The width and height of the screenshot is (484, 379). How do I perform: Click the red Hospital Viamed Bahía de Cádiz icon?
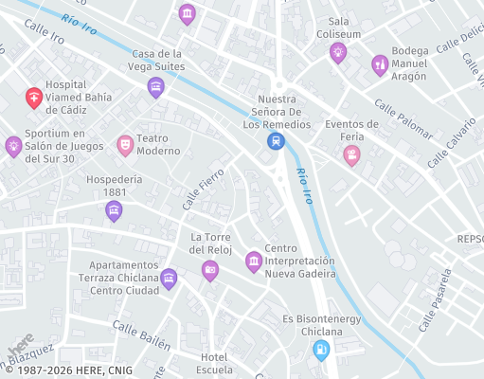(33, 97)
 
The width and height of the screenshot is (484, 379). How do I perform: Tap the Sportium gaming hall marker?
(13, 146)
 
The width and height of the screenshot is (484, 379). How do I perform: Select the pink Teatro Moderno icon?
(124, 145)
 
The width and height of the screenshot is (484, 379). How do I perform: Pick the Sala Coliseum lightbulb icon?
(338, 53)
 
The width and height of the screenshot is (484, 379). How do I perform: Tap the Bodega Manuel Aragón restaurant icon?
(380, 63)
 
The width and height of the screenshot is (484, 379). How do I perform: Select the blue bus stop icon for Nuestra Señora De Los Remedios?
(276, 141)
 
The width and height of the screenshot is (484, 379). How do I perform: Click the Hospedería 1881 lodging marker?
(114, 211)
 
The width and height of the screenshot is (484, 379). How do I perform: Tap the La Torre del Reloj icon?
(210, 271)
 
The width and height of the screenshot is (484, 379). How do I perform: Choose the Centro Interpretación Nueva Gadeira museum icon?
(254, 261)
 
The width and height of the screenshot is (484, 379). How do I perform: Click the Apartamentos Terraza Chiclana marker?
(169, 278)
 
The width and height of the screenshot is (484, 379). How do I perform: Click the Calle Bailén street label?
(141, 334)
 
